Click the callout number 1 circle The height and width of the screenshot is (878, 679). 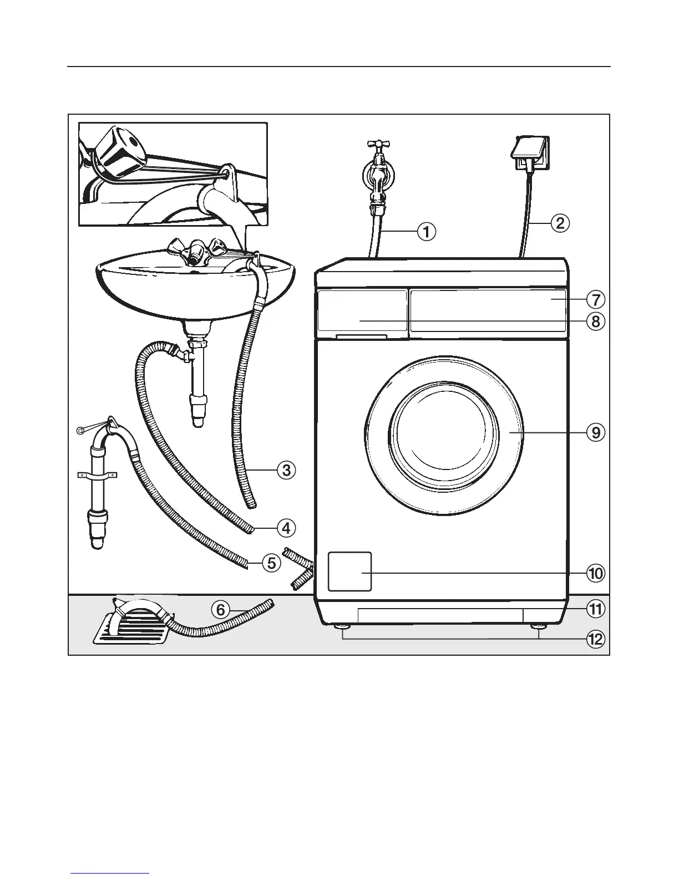coord(426,231)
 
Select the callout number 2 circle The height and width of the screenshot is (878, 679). coord(560,223)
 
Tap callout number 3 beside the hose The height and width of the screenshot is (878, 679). coord(286,471)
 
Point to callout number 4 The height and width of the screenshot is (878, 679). coord(286,528)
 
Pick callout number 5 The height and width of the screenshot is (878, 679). coord(271,563)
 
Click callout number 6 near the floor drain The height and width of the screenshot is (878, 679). coord(220,610)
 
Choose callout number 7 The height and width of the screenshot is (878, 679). coord(595,300)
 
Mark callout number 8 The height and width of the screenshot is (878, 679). coord(595,321)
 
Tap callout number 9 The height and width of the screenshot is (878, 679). coord(595,432)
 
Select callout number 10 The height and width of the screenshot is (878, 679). coord(595,573)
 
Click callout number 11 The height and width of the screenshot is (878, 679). coord(595,610)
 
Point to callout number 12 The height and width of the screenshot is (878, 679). coord(595,640)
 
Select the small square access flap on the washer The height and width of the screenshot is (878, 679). coord(349,571)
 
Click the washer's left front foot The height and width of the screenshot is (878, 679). coord(342,626)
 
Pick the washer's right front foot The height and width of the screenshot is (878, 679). coord(538,627)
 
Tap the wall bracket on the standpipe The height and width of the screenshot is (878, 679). coord(97,476)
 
